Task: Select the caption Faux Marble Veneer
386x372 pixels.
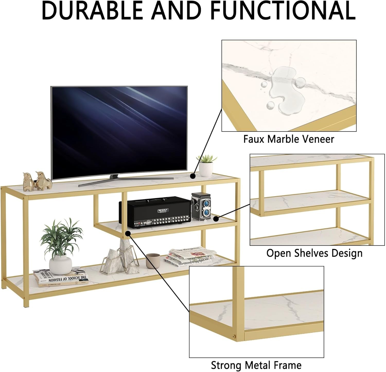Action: click(288, 139)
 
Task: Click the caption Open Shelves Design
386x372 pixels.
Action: click(314, 253)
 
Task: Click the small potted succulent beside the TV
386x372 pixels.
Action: click(206, 166)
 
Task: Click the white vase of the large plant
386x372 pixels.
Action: click(60, 265)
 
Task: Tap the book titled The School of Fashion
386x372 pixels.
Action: click(62, 279)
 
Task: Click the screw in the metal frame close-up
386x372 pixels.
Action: click(234, 336)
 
